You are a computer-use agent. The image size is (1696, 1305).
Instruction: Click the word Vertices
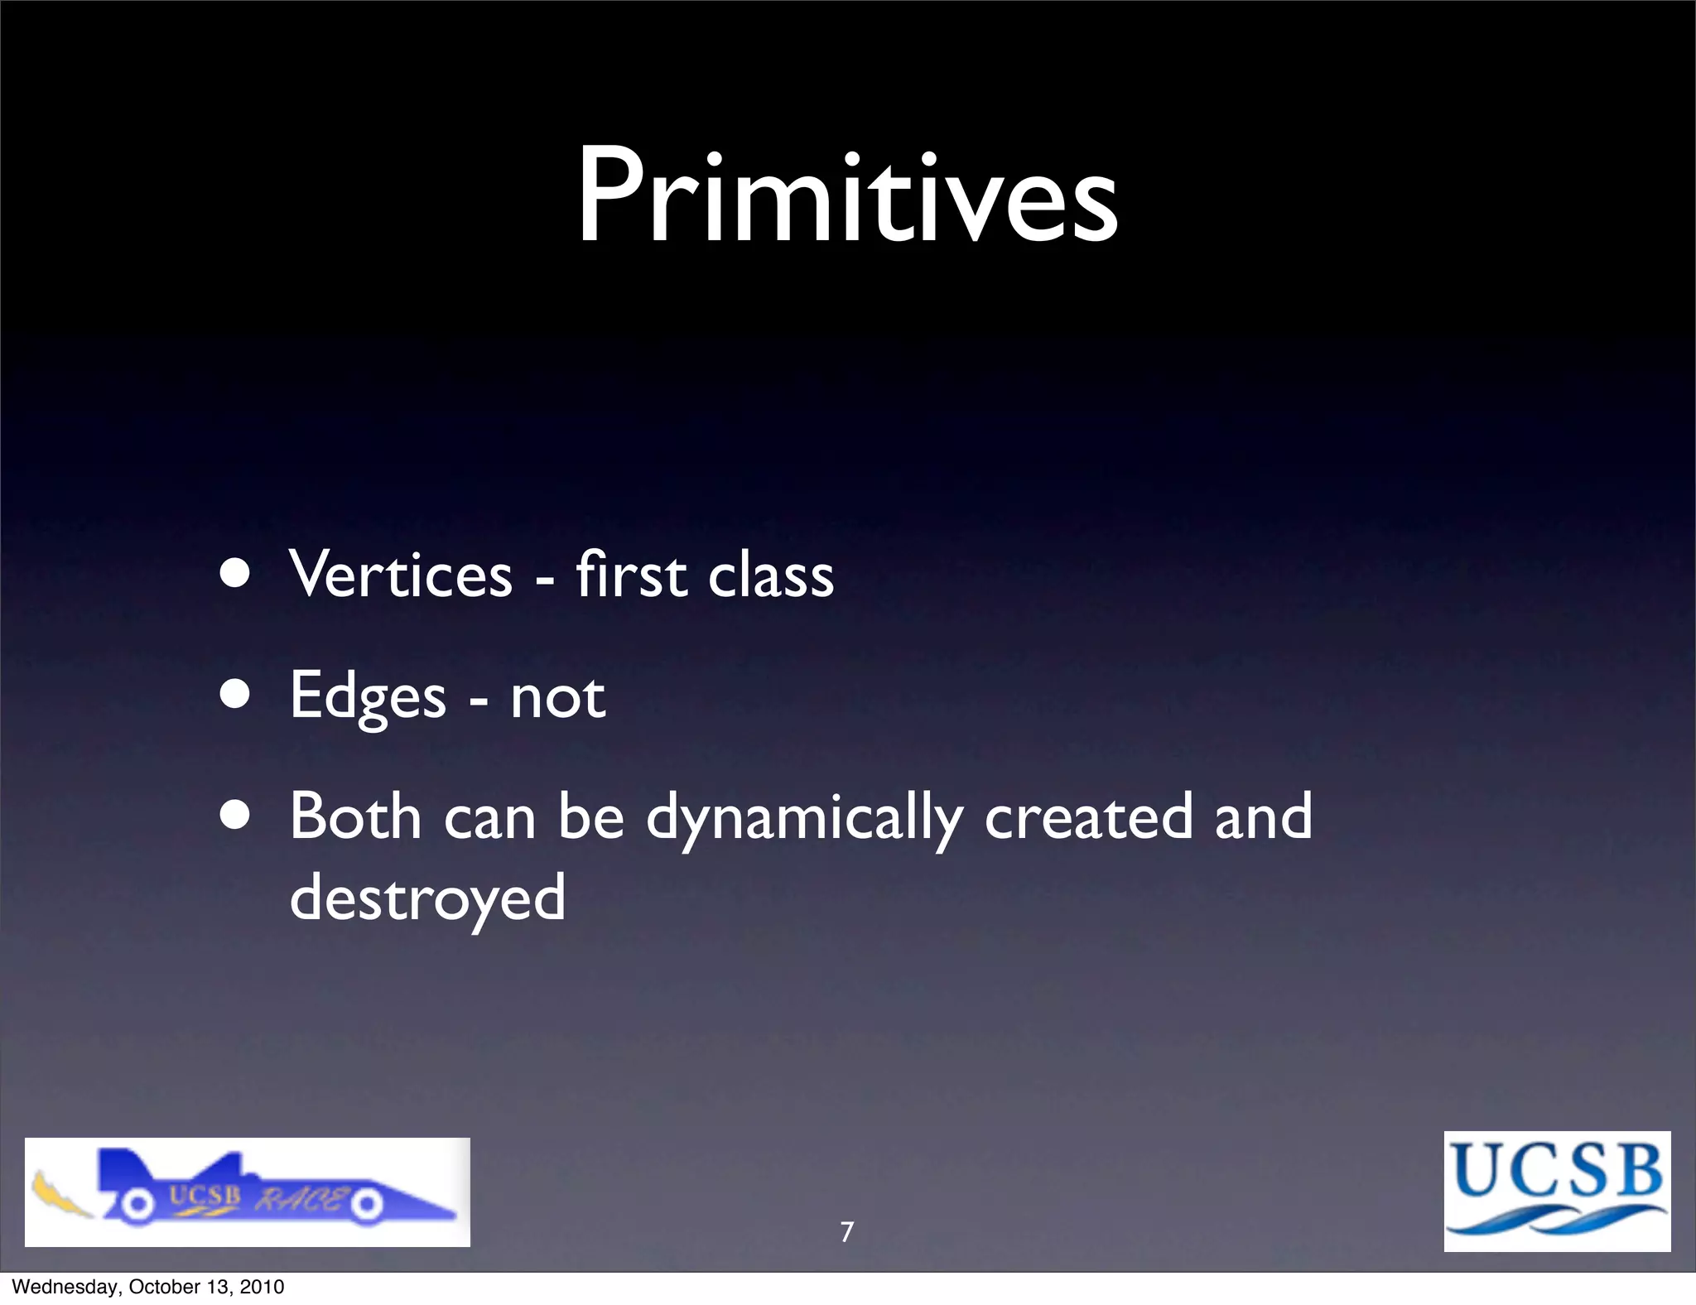point(401,575)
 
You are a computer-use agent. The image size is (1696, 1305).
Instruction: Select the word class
point(771,575)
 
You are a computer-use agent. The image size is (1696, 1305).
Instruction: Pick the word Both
point(355,816)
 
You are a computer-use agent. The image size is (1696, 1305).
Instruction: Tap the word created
point(1088,816)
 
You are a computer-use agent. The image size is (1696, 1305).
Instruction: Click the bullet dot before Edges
point(236,696)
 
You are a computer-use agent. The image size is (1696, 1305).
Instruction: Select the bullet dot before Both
point(236,815)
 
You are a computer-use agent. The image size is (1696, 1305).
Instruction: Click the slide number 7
point(846,1232)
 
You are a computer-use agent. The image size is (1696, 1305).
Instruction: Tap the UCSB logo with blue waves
point(1557,1191)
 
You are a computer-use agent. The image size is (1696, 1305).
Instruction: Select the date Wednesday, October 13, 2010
point(148,1287)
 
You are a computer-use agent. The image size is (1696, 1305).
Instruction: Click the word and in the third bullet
point(1263,816)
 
